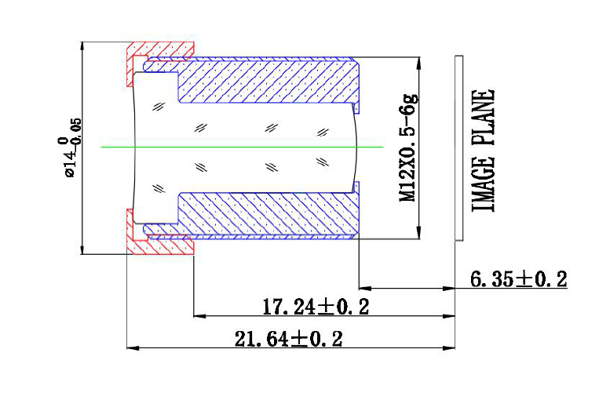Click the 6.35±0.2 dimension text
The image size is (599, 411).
tap(517, 278)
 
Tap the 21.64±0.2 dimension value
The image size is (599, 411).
tap(289, 339)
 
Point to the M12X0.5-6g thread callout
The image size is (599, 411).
tap(409, 147)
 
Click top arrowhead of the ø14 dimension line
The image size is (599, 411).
tap(82, 45)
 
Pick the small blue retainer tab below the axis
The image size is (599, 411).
tap(356, 187)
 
